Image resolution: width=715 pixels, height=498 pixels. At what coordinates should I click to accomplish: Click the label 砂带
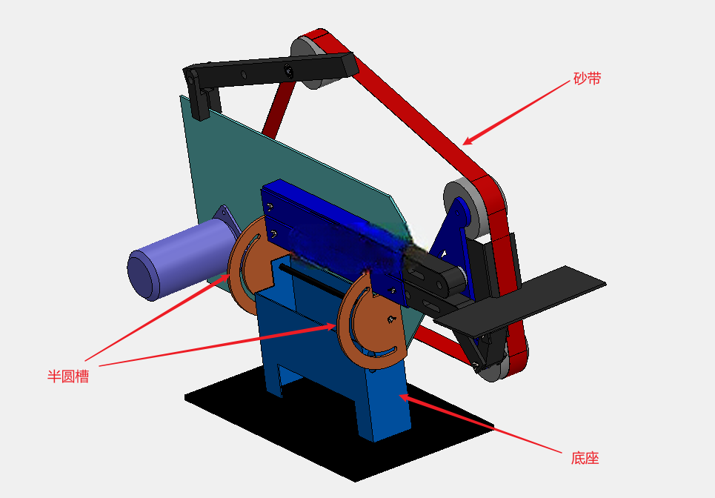588,79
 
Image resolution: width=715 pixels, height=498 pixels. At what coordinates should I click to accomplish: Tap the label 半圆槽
68,376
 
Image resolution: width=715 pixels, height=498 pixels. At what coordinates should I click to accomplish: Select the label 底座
585,458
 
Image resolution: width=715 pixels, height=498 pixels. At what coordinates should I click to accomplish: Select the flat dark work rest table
520,301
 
